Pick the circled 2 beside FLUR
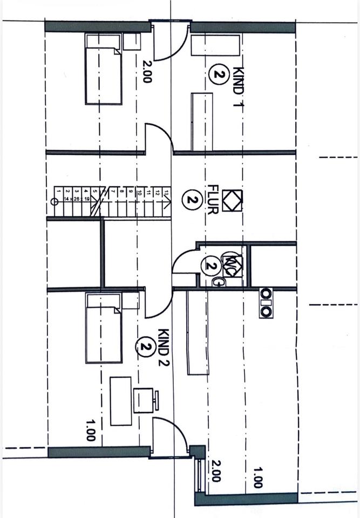point(191,200)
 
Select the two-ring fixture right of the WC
point(266,303)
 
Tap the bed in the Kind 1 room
point(103,69)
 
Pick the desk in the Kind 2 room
point(120,401)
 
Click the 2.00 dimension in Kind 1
point(147,71)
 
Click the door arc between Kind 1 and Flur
point(159,138)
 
